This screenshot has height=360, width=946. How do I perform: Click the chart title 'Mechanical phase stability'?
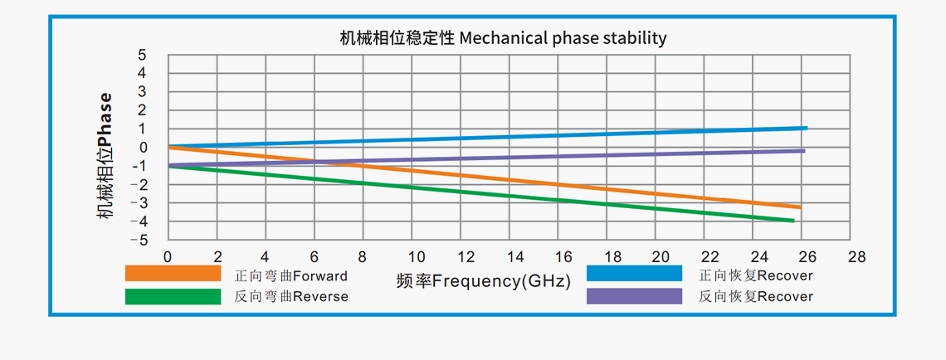[503, 38]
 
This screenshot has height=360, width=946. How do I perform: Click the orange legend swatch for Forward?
[173, 275]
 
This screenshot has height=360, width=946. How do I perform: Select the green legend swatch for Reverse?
[173, 296]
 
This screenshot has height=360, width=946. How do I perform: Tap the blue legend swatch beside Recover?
[634, 275]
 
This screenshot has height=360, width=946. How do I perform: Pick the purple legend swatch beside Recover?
[634, 296]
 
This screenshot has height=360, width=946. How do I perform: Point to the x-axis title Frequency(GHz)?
[484, 281]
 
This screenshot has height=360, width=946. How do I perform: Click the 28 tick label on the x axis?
[857, 256]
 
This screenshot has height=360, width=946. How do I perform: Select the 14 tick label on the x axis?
[514, 256]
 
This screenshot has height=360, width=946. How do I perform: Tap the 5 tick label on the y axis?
[143, 55]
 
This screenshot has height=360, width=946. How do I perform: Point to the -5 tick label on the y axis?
[140, 241]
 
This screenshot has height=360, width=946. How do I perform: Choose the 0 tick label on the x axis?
[168, 256]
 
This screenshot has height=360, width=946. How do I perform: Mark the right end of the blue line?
[806, 128]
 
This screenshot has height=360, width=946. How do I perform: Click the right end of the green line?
[793, 221]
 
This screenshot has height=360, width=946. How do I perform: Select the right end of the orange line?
[799, 207]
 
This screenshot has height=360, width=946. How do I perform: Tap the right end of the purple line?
[803, 150]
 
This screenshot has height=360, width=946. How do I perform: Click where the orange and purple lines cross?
[340, 162]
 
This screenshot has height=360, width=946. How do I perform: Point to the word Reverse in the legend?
[320, 296]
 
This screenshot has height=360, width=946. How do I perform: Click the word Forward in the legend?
[320, 275]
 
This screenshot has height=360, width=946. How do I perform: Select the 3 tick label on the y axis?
[143, 91]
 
